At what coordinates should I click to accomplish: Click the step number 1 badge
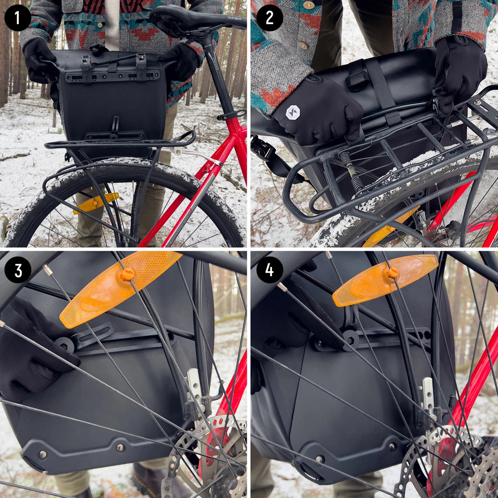[18, 18]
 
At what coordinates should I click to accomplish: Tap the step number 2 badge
[269, 18]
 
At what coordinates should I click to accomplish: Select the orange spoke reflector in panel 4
[385, 280]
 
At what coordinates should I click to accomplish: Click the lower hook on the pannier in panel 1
[114, 130]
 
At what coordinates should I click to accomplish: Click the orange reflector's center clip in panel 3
[126, 275]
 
